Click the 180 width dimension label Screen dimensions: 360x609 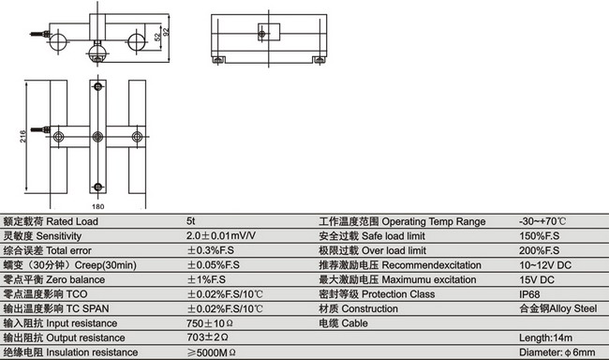pyautogui.click(x=97, y=204)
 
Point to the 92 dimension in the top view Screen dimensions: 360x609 pyautogui.click(x=166, y=31)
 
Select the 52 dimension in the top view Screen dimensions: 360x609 pyautogui.click(x=156, y=37)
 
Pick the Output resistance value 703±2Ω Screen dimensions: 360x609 pyautogui.click(x=207, y=337)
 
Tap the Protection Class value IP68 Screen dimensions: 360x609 pyautogui.click(x=530, y=294)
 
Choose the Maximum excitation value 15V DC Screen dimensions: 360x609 pyautogui.click(x=536, y=279)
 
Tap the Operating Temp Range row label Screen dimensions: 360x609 pyautogui.click(x=403, y=222)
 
